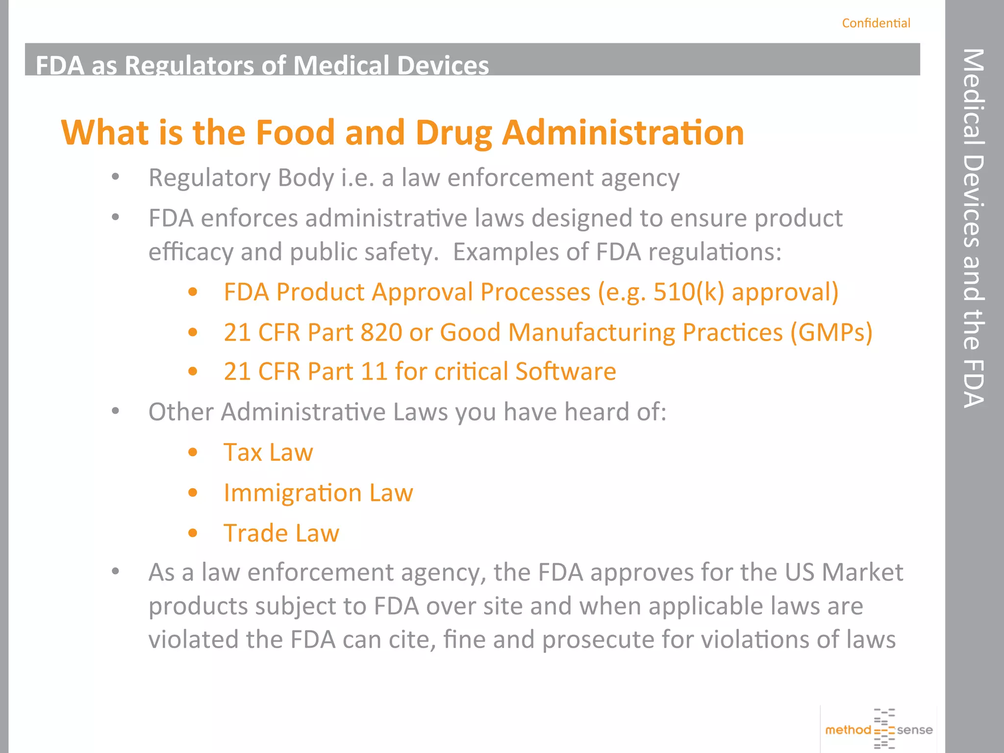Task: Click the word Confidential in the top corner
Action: point(876,23)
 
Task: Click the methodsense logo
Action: point(879,729)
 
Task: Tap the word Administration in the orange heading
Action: point(623,133)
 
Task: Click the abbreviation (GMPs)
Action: point(831,332)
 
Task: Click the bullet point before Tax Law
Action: point(193,452)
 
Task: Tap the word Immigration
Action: point(292,493)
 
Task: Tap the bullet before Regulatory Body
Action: point(115,177)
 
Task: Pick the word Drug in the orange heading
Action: point(454,134)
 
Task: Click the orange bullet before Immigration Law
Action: point(193,493)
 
